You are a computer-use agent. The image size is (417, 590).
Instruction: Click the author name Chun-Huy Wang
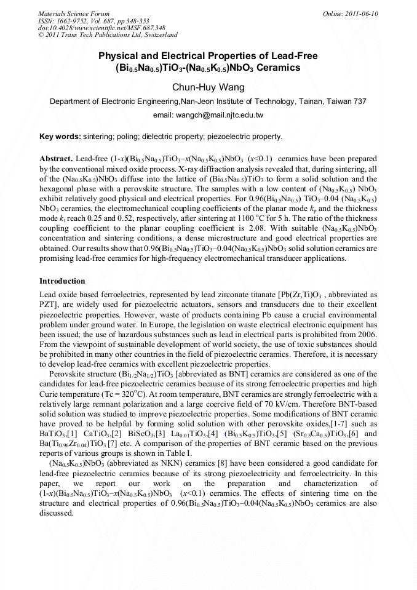(208, 87)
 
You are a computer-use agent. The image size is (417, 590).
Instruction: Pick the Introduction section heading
(62, 281)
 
